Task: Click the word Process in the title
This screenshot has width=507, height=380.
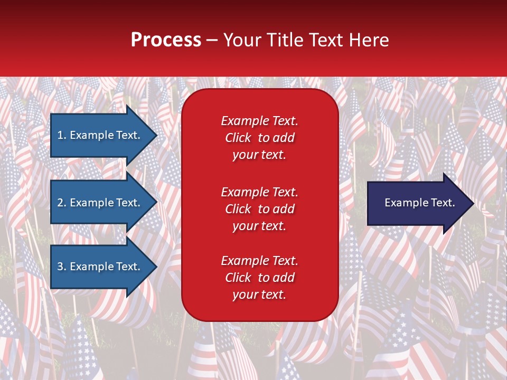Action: tap(166, 40)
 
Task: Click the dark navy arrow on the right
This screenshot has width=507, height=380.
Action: tap(417, 203)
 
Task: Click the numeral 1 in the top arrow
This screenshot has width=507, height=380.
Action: tap(60, 135)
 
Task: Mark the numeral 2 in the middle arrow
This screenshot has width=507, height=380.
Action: tap(60, 203)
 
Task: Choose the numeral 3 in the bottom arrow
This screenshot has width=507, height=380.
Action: tap(60, 267)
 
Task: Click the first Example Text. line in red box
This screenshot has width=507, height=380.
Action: tap(259, 121)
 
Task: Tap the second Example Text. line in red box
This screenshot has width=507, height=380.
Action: tap(259, 192)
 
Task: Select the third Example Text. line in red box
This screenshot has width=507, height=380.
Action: tap(259, 261)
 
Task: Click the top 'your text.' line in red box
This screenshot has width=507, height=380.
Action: tap(259, 155)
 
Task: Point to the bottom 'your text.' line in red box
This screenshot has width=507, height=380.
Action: tap(259, 295)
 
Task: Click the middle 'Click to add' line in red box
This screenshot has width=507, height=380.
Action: tap(259, 209)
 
